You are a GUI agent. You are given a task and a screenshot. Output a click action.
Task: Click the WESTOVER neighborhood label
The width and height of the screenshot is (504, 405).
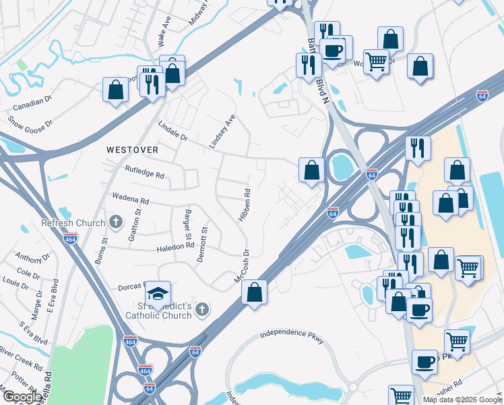tap(132, 149)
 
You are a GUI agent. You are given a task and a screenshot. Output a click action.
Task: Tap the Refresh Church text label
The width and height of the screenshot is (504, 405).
tap(73, 223)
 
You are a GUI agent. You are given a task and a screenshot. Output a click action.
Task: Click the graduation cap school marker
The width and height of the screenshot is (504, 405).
tap(158, 293)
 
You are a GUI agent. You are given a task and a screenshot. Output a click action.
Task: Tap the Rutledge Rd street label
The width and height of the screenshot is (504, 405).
tap(145, 174)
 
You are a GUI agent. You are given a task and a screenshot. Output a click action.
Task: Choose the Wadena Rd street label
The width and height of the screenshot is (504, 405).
tap(130, 200)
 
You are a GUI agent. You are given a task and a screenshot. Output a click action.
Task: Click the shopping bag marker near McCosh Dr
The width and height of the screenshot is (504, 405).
tap(254, 292)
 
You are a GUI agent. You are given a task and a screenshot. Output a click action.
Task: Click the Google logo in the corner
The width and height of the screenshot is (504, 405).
tap(22, 397)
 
